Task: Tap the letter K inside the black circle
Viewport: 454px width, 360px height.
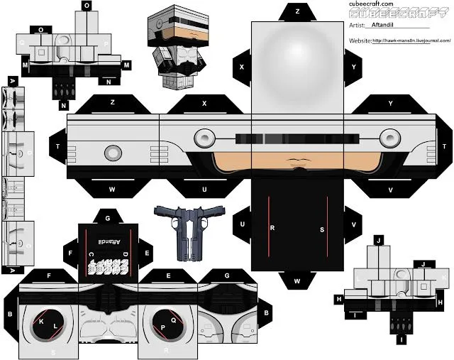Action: [x=41, y=322]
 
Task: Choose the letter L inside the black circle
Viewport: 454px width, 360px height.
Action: [x=55, y=327]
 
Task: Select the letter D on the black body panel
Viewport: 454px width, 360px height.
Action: [x=124, y=253]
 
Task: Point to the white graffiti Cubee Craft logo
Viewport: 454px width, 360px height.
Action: [x=108, y=266]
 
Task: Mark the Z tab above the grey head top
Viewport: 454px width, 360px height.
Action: [x=297, y=11]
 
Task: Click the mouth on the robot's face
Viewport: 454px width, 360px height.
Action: [x=297, y=168]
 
